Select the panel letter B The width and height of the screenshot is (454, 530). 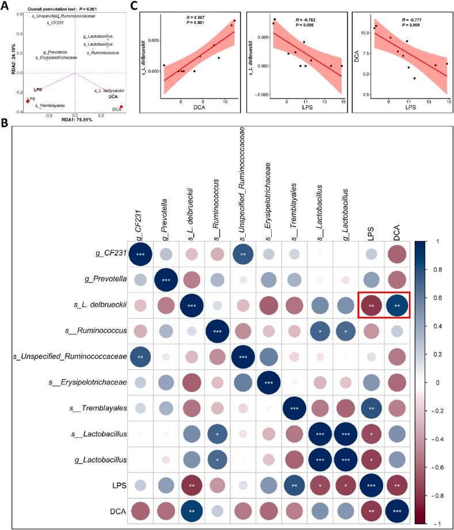[5, 123]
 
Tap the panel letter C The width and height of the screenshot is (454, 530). [134, 6]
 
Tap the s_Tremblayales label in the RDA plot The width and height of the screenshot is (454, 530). [50, 106]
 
